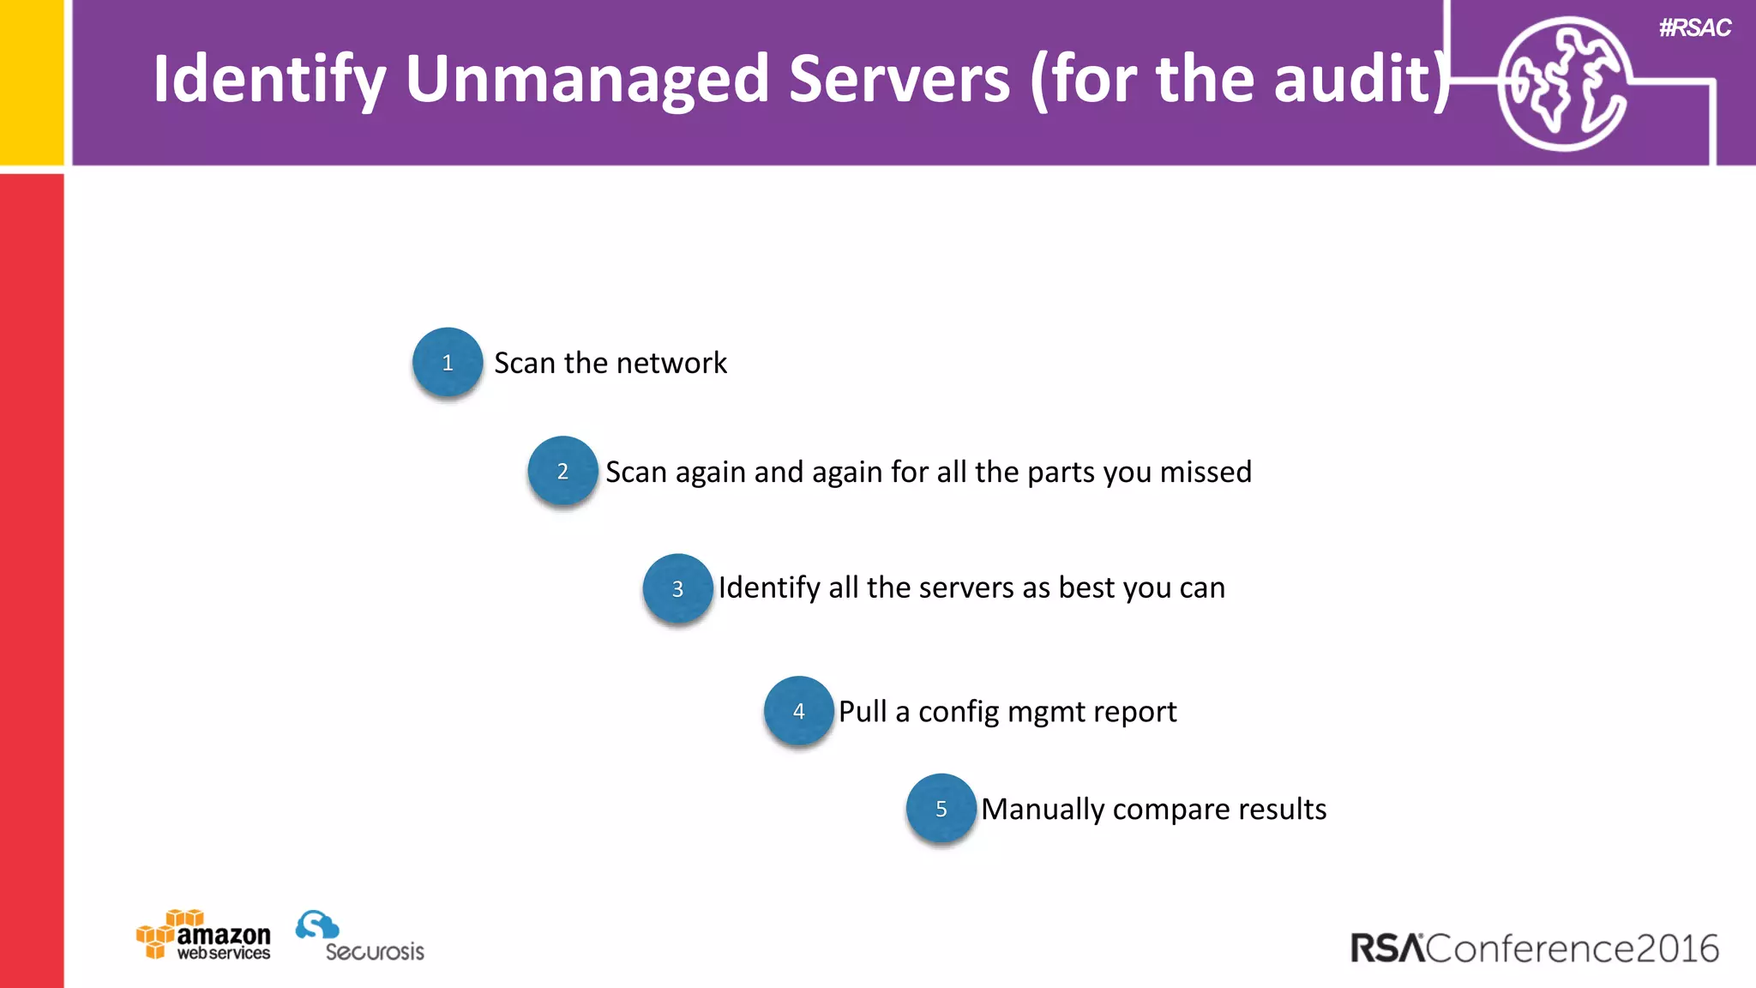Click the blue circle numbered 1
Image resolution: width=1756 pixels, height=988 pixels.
(x=448, y=362)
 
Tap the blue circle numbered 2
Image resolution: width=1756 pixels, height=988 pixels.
(x=562, y=471)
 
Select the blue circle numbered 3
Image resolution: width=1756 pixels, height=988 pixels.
(x=677, y=588)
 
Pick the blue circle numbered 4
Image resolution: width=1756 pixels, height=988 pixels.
(x=798, y=711)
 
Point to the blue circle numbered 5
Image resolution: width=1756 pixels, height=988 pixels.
(x=941, y=809)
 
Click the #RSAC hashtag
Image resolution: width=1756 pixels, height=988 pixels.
(x=1694, y=28)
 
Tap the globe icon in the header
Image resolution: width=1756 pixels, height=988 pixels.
(x=1563, y=84)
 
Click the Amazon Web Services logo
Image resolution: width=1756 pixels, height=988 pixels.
(x=203, y=935)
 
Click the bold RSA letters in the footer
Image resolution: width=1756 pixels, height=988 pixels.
(x=1387, y=949)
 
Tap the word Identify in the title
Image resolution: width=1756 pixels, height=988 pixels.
(x=268, y=79)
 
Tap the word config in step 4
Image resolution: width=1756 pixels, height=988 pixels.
(x=958, y=712)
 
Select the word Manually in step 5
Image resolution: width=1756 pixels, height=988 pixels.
(x=1043, y=810)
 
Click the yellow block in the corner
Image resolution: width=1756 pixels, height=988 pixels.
(x=31, y=81)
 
